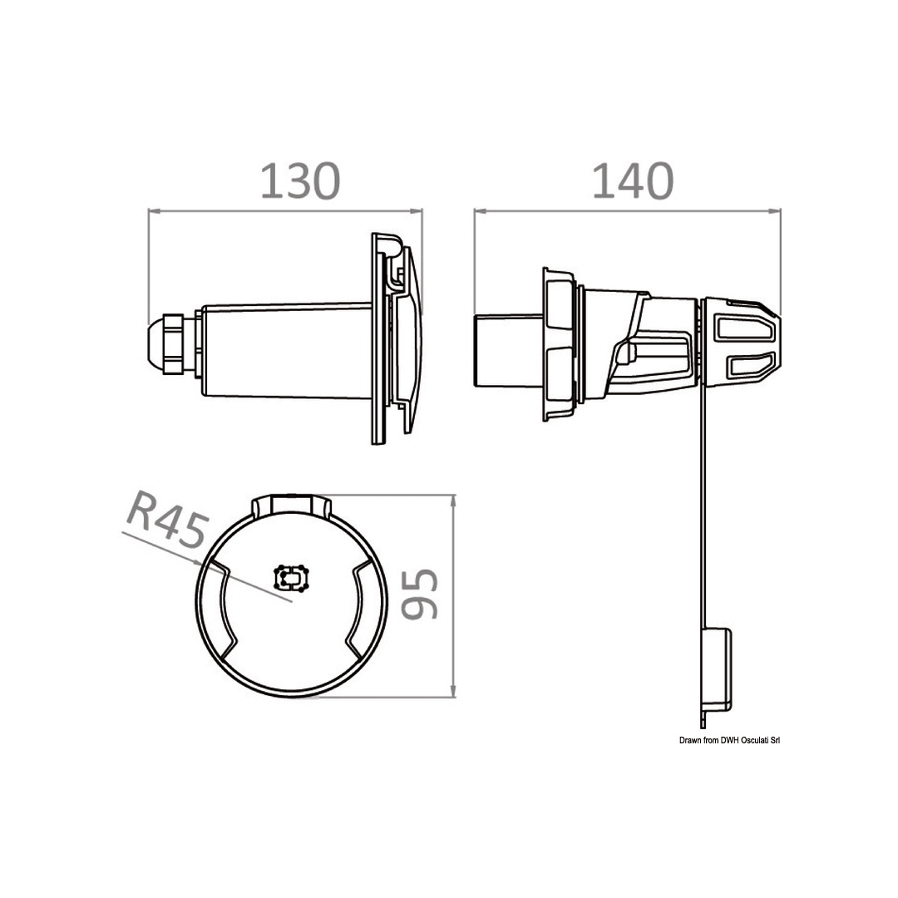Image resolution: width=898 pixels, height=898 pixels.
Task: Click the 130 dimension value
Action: click(300, 181)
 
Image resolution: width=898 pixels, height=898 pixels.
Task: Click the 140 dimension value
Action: click(632, 181)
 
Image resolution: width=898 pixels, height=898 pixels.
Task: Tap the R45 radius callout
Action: click(165, 521)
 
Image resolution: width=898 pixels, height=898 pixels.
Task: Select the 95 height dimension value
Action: click(419, 595)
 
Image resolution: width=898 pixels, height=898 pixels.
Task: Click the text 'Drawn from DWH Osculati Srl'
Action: click(730, 741)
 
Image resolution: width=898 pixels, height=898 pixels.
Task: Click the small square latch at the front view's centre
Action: click(292, 579)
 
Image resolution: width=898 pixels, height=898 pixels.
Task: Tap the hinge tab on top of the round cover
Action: click(292, 505)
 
